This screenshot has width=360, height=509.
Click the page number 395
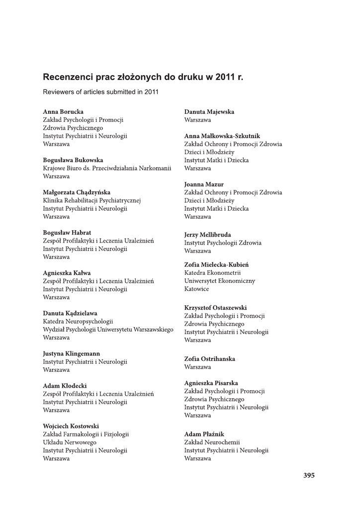click(309, 475)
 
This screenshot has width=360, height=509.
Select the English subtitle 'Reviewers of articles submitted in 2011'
click(100, 92)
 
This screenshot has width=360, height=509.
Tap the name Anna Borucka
click(63, 112)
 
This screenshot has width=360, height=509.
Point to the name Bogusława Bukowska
click(73, 160)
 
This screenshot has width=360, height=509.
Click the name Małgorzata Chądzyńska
click(77, 192)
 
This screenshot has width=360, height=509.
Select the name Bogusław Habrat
click(67, 233)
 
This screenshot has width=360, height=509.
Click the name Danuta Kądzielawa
click(70, 313)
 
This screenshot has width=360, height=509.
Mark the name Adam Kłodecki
click(65, 386)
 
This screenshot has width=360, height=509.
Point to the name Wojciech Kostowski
click(71, 426)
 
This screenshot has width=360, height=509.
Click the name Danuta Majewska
click(209, 112)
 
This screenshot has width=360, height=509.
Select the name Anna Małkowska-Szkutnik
click(222, 136)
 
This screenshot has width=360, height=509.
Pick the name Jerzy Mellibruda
click(207, 235)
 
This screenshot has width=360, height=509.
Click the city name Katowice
click(196, 289)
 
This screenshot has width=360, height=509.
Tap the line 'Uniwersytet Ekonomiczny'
click(219, 281)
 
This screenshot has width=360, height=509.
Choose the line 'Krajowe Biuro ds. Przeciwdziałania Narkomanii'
click(107, 168)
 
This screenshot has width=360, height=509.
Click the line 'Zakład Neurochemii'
click(212, 442)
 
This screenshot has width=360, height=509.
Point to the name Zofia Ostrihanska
click(209, 359)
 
